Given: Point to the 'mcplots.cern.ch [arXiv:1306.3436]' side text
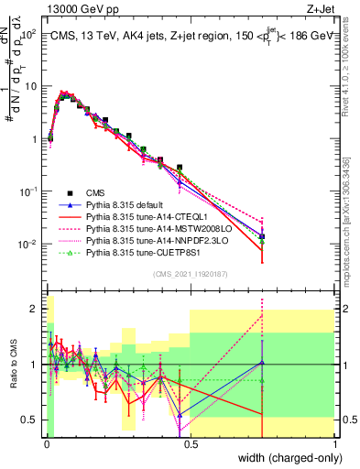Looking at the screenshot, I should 352,211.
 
